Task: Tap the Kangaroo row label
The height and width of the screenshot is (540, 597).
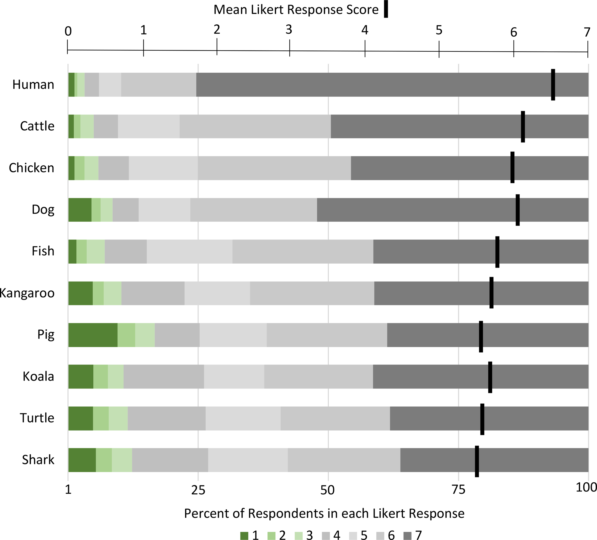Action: point(27,293)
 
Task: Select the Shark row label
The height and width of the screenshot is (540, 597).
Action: point(38,460)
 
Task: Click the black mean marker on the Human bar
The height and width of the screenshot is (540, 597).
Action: point(553,85)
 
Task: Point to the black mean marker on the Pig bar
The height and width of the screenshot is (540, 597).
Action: point(481,336)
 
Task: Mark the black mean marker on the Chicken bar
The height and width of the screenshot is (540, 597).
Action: point(512,168)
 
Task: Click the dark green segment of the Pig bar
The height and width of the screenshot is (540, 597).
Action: point(93,335)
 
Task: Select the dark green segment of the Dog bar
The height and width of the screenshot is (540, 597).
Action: point(80,210)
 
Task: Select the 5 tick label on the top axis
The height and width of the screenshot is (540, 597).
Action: point(439,30)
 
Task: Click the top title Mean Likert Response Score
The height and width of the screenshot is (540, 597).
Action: point(296,10)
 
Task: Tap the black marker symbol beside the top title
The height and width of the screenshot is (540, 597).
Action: point(386,9)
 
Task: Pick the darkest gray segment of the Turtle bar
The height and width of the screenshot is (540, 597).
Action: point(489,418)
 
